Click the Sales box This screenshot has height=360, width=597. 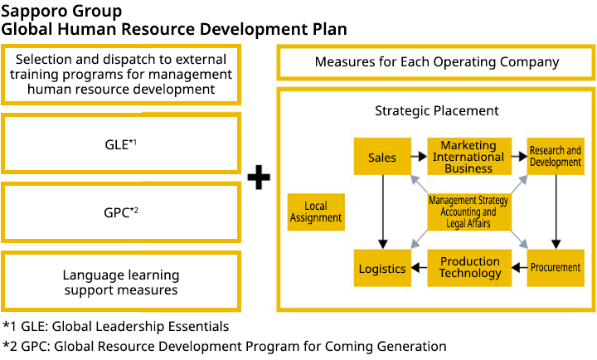point(382,157)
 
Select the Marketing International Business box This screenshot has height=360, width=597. point(468,157)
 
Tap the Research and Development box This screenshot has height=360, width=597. point(555,157)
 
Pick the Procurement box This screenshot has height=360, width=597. point(555,267)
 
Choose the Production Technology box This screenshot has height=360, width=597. point(469,267)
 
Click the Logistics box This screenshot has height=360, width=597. point(382,268)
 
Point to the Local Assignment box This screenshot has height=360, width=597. point(316,212)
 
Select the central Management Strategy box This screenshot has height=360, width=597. point(468,212)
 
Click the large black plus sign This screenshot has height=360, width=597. point(260,176)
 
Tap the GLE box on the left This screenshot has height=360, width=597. point(121,144)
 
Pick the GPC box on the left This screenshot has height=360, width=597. point(121,212)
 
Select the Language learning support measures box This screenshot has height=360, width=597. point(121,282)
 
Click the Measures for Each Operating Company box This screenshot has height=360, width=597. point(437,62)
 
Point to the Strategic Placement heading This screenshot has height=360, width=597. point(437,110)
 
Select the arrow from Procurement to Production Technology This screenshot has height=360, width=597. point(518,267)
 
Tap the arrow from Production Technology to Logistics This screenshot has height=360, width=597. point(419,267)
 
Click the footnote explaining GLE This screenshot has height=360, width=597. point(116,326)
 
